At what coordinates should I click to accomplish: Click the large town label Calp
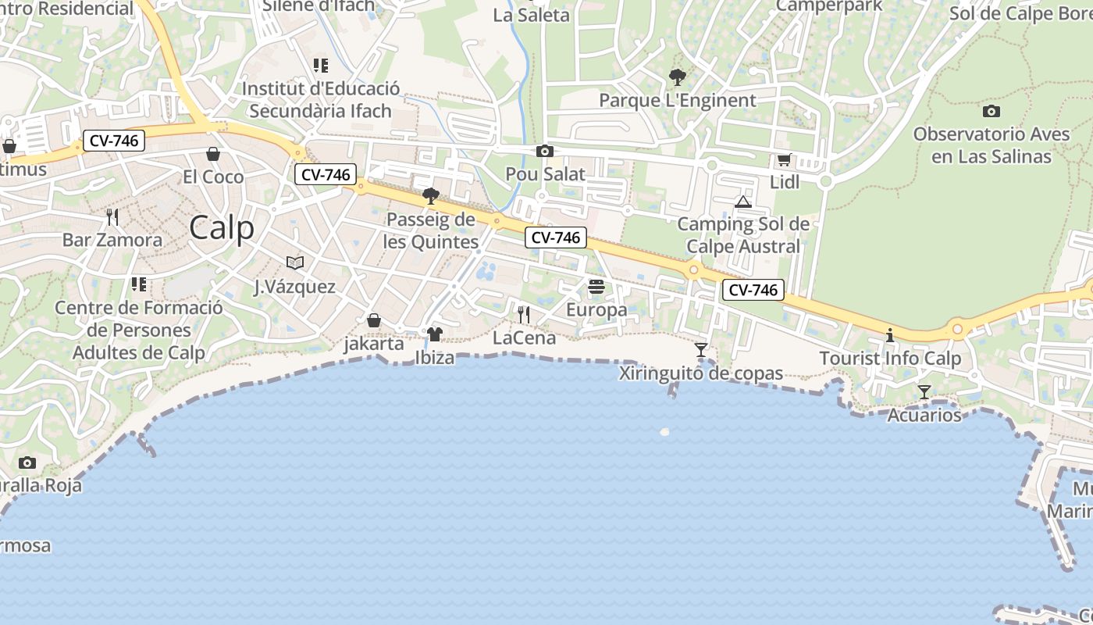[222, 228]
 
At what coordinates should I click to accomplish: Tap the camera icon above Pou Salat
[544, 151]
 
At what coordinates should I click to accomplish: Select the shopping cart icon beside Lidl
[784, 160]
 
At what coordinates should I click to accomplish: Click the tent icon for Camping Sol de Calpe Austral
[742, 202]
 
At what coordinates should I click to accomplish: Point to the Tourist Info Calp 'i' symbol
[889, 335]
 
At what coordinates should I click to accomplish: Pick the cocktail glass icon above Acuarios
[924, 391]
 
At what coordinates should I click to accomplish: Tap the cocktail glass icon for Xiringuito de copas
[700, 349]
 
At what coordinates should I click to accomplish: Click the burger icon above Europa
[596, 287]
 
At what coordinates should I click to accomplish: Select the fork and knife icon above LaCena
[524, 314]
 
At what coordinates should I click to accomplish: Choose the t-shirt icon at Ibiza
[434, 334]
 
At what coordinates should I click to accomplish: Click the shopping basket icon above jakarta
[374, 320]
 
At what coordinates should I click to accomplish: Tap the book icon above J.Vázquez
[294, 262]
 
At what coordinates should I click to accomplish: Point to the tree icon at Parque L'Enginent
[677, 77]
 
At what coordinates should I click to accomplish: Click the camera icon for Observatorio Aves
[991, 111]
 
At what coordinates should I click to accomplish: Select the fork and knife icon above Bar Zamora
[112, 216]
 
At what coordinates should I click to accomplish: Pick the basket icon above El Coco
[212, 154]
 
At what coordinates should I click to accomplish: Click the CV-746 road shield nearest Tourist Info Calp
[753, 290]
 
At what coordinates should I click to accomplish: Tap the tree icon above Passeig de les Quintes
[430, 195]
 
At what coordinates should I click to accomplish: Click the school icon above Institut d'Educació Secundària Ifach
[320, 66]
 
